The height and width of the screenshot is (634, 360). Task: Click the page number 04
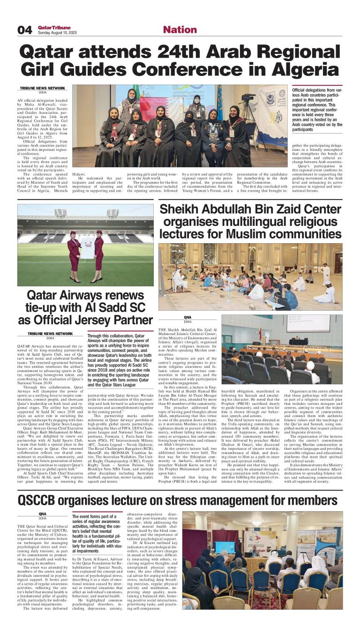coord(24,30)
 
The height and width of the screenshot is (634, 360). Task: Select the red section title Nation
coord(180,30)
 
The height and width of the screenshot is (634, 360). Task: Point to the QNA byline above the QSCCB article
coord(42,514)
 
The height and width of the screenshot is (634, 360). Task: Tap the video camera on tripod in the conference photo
coord(248,99)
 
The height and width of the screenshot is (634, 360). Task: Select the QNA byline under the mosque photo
coord(187,317)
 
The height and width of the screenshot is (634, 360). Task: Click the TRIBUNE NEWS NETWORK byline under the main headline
coord(42,88)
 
